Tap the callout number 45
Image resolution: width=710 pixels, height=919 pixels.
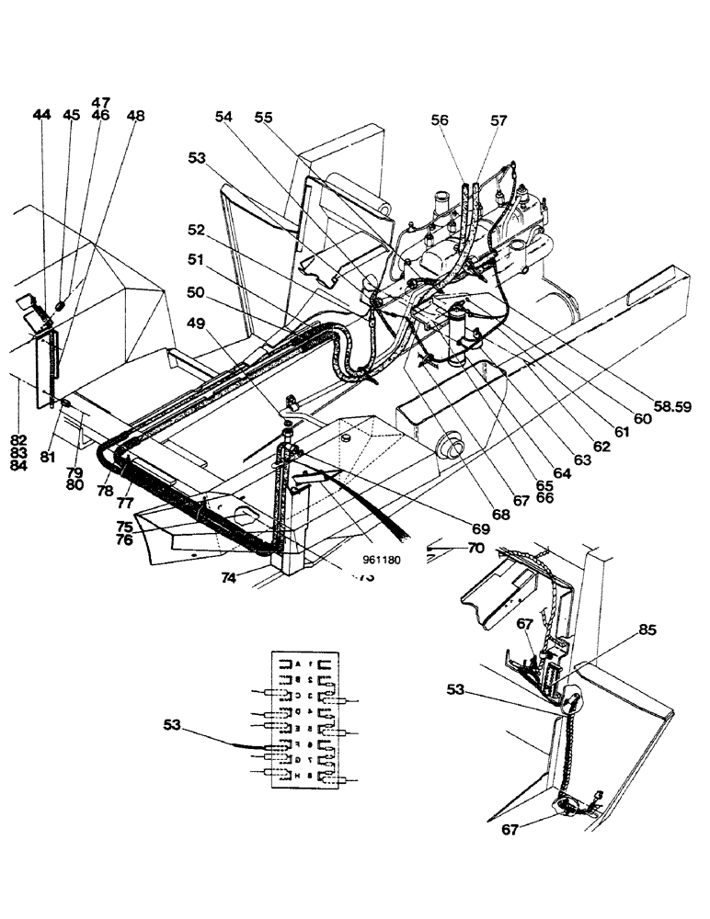tap(72, 115)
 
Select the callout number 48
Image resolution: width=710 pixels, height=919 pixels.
tap(136, 116)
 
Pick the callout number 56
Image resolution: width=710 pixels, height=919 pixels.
tap(439, 120)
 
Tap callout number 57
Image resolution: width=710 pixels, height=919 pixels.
tap(498, 120)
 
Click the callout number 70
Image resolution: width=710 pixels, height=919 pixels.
tap(475, 549)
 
